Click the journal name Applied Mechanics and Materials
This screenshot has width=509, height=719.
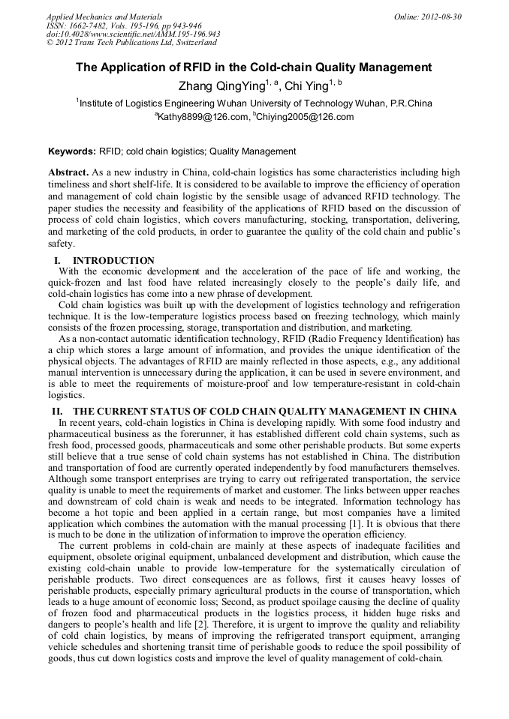[x=95, y=16]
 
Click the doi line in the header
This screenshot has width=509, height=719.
[x=133, y=34]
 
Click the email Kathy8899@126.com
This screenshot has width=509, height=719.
[x=203, y=117]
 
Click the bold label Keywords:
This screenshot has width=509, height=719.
[x=71, y=151]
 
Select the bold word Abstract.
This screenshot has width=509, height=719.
[x=69, y=172]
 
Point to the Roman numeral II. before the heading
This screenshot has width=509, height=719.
[x=56, y=412]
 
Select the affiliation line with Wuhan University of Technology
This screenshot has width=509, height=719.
[x=255, y=103]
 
